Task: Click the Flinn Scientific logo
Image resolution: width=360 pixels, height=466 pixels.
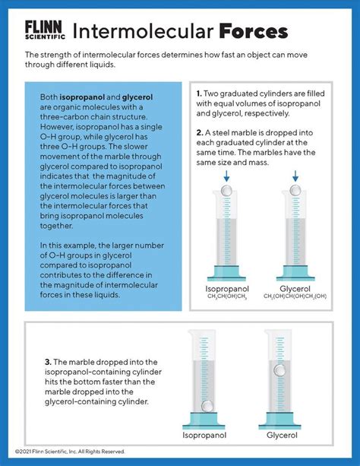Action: [x=45, y=30]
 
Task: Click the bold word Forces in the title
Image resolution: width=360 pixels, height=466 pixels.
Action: [x=254, y=31]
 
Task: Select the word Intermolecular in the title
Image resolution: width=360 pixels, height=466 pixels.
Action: [x=143, y=31]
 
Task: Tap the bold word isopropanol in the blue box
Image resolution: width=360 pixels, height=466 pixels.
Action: [x=82, y=97]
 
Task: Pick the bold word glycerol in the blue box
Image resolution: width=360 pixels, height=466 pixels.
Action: [x=137, y=97]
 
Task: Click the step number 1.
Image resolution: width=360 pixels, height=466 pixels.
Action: [x=199, y=94]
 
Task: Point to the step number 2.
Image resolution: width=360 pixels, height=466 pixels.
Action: [x=200, y=133]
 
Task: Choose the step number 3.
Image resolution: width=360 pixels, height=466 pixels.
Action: [x=49, y=363]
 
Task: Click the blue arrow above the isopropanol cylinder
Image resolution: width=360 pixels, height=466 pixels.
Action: [x=226, y=176]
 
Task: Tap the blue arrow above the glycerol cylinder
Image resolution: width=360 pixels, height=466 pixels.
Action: [x=295, y=176]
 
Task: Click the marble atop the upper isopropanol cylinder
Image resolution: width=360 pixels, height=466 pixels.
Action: [x=226, y=190]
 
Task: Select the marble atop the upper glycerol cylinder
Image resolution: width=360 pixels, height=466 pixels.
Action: [x=295, y=190]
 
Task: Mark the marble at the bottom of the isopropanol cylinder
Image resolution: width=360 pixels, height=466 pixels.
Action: [x=207, y=406]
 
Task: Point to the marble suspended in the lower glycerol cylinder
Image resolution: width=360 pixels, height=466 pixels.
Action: [x=279, y=370]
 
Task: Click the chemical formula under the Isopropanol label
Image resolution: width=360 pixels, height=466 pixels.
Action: [x=227, y=296]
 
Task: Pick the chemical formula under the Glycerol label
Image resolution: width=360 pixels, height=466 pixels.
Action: [x=295, y=296]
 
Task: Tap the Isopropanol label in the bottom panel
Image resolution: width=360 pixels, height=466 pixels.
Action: [x=204, y=436]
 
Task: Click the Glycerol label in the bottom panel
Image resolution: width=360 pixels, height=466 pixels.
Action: [x=282, y=436]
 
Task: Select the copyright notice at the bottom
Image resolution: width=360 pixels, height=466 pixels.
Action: [x=70, y=452]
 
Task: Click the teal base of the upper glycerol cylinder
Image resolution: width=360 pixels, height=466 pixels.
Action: [x=295, y=273]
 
